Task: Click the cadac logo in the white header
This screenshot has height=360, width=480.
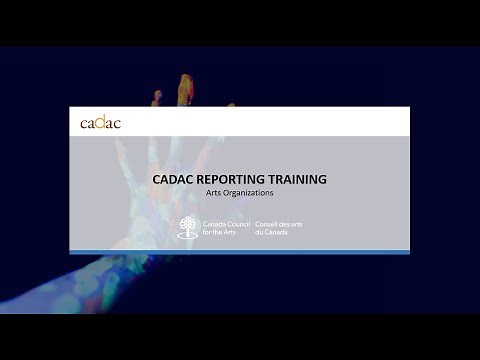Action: pyautogui.click(x=100, y=122)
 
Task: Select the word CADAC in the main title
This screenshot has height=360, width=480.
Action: pyautogui.click(x=175, y=180)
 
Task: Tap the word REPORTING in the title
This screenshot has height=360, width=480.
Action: pyautogui.click(x=236, y=180)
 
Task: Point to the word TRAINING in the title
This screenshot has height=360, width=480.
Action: pyautogui.click(x=299, y=180)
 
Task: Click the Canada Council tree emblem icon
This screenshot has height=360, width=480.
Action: pyautogui.click(x=187, y=227)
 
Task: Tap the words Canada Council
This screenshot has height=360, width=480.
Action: pyautogui.click(x=226, y=223)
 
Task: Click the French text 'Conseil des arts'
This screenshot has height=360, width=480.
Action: pyautogui.click(x=279, y=223)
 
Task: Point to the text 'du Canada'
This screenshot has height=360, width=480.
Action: pyautogui.click(x=272, y=232)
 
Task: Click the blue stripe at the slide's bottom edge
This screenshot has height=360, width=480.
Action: pyautogui.click(x=239, y=252)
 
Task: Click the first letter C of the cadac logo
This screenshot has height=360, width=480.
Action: pyautogui.click(x=84, y=123)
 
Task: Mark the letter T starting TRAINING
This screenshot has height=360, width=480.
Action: pyautogui.click(x=277, y=180)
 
